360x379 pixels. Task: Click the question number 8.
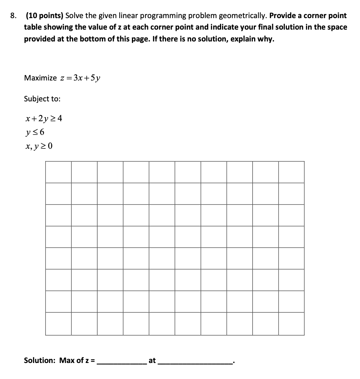pos(13,16)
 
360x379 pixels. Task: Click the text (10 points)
pos(44,16)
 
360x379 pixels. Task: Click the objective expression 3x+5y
pos(86,78)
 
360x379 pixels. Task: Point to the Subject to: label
pos(42,99)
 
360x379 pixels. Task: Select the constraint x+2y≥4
pos(44,119)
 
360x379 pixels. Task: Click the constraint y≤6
pos(35,132)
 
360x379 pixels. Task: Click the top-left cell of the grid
pos(58,172)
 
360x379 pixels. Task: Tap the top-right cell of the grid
pos(291,172)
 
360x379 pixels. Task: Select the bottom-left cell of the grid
pos(58,324)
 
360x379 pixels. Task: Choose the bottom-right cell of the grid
pos(291,324)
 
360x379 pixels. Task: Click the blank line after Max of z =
pos(122,362)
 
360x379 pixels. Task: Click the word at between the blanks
pos(152,360)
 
